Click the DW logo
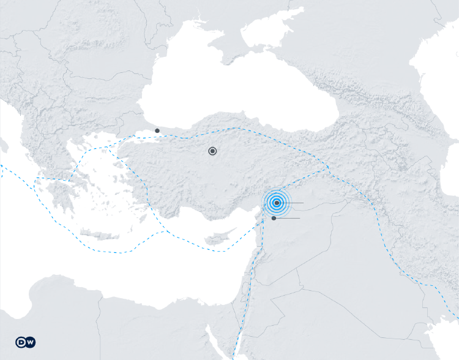coord(25,342)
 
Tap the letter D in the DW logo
coord(21,342)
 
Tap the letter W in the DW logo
coord(29,342)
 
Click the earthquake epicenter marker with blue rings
coord(277,203)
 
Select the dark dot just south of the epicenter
coord(274,218)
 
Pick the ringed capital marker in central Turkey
coord(212,151)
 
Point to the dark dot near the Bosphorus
coord(157,130)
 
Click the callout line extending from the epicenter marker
coord(294,203)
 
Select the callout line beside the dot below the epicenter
coord(289,218)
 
